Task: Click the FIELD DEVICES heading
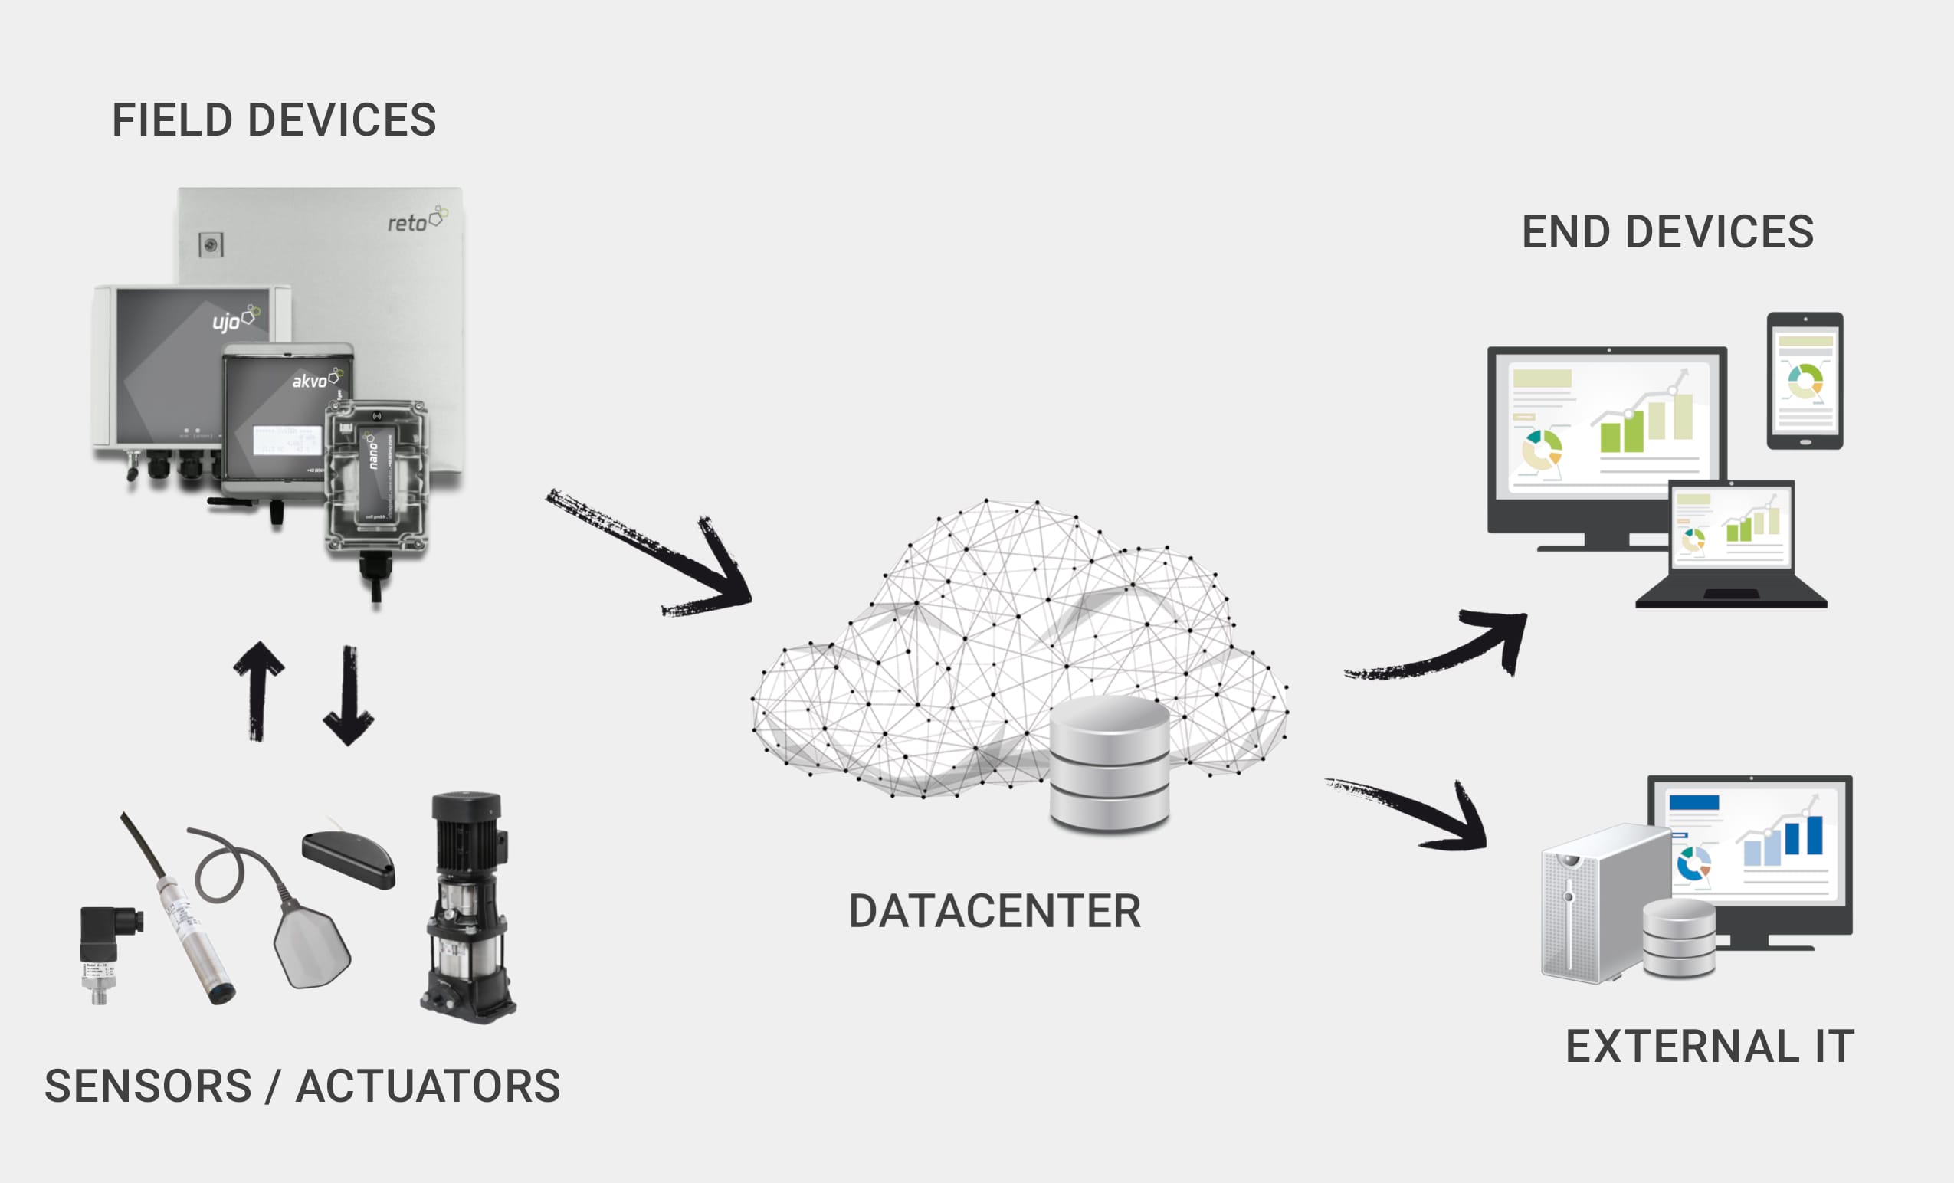(x=274, y=120)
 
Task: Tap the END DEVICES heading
(x=1667, y=232)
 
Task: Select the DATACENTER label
(x=995, y=911)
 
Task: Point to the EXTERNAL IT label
(x=1710, y=1046)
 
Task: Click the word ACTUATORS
(x=428, y=1086)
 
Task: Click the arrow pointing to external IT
(x=1411, y=813)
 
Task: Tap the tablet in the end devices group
(x=1804, y=381)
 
